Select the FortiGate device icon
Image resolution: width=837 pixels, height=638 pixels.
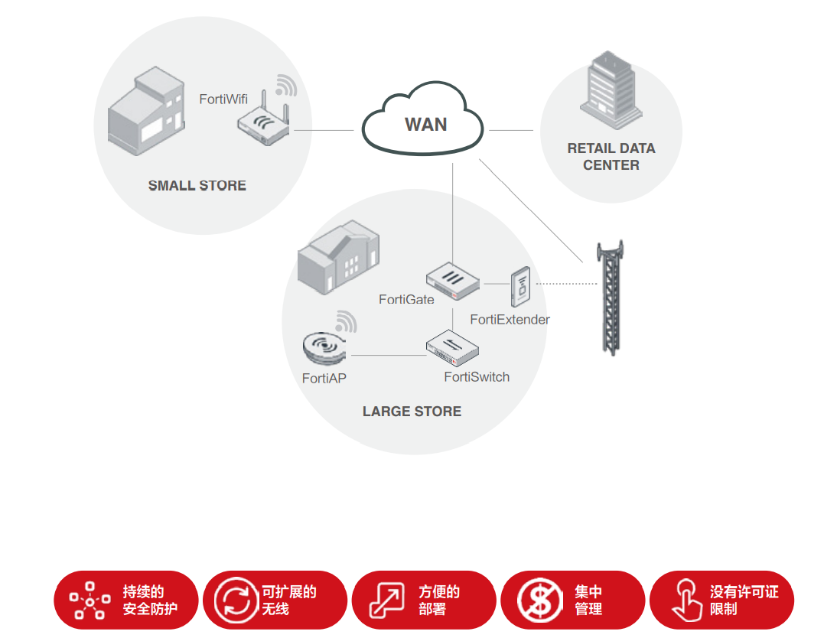click(452, 280)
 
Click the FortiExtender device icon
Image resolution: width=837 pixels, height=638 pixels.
click(522, 287)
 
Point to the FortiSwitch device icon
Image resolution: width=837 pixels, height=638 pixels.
click(454, 347)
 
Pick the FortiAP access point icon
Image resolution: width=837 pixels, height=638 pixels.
click(325, 349)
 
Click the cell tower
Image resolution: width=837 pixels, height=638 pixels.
click(610, 295)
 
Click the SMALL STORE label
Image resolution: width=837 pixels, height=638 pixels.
click(197, 186)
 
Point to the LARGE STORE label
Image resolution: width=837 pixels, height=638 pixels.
click(412, 412)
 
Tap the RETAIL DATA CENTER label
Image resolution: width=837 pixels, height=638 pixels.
click(611, 156)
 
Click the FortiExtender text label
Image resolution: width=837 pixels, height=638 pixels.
click(510, 320)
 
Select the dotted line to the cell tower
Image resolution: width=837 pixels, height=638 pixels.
click(566, 284)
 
